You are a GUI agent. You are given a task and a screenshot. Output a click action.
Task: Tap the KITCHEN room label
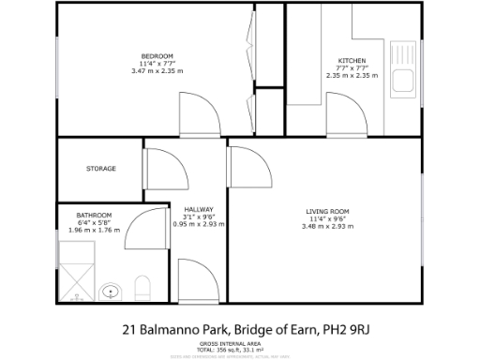[x=352, y=62]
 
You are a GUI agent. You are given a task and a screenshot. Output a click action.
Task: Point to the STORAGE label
[x=100, y=169]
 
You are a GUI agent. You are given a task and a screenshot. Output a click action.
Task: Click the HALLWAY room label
[x=199, y=209]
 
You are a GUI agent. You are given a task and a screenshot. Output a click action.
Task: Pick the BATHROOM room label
[x=95, y=216]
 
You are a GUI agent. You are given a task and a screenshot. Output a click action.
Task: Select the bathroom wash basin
[x=112, y=291]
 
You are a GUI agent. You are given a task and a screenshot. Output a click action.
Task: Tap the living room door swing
[x=244, y=161]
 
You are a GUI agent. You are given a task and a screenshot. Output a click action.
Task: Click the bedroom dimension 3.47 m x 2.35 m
[x=154, y=70]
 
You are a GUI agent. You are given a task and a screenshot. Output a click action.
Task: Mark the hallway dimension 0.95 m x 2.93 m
[x=199, y=223]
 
